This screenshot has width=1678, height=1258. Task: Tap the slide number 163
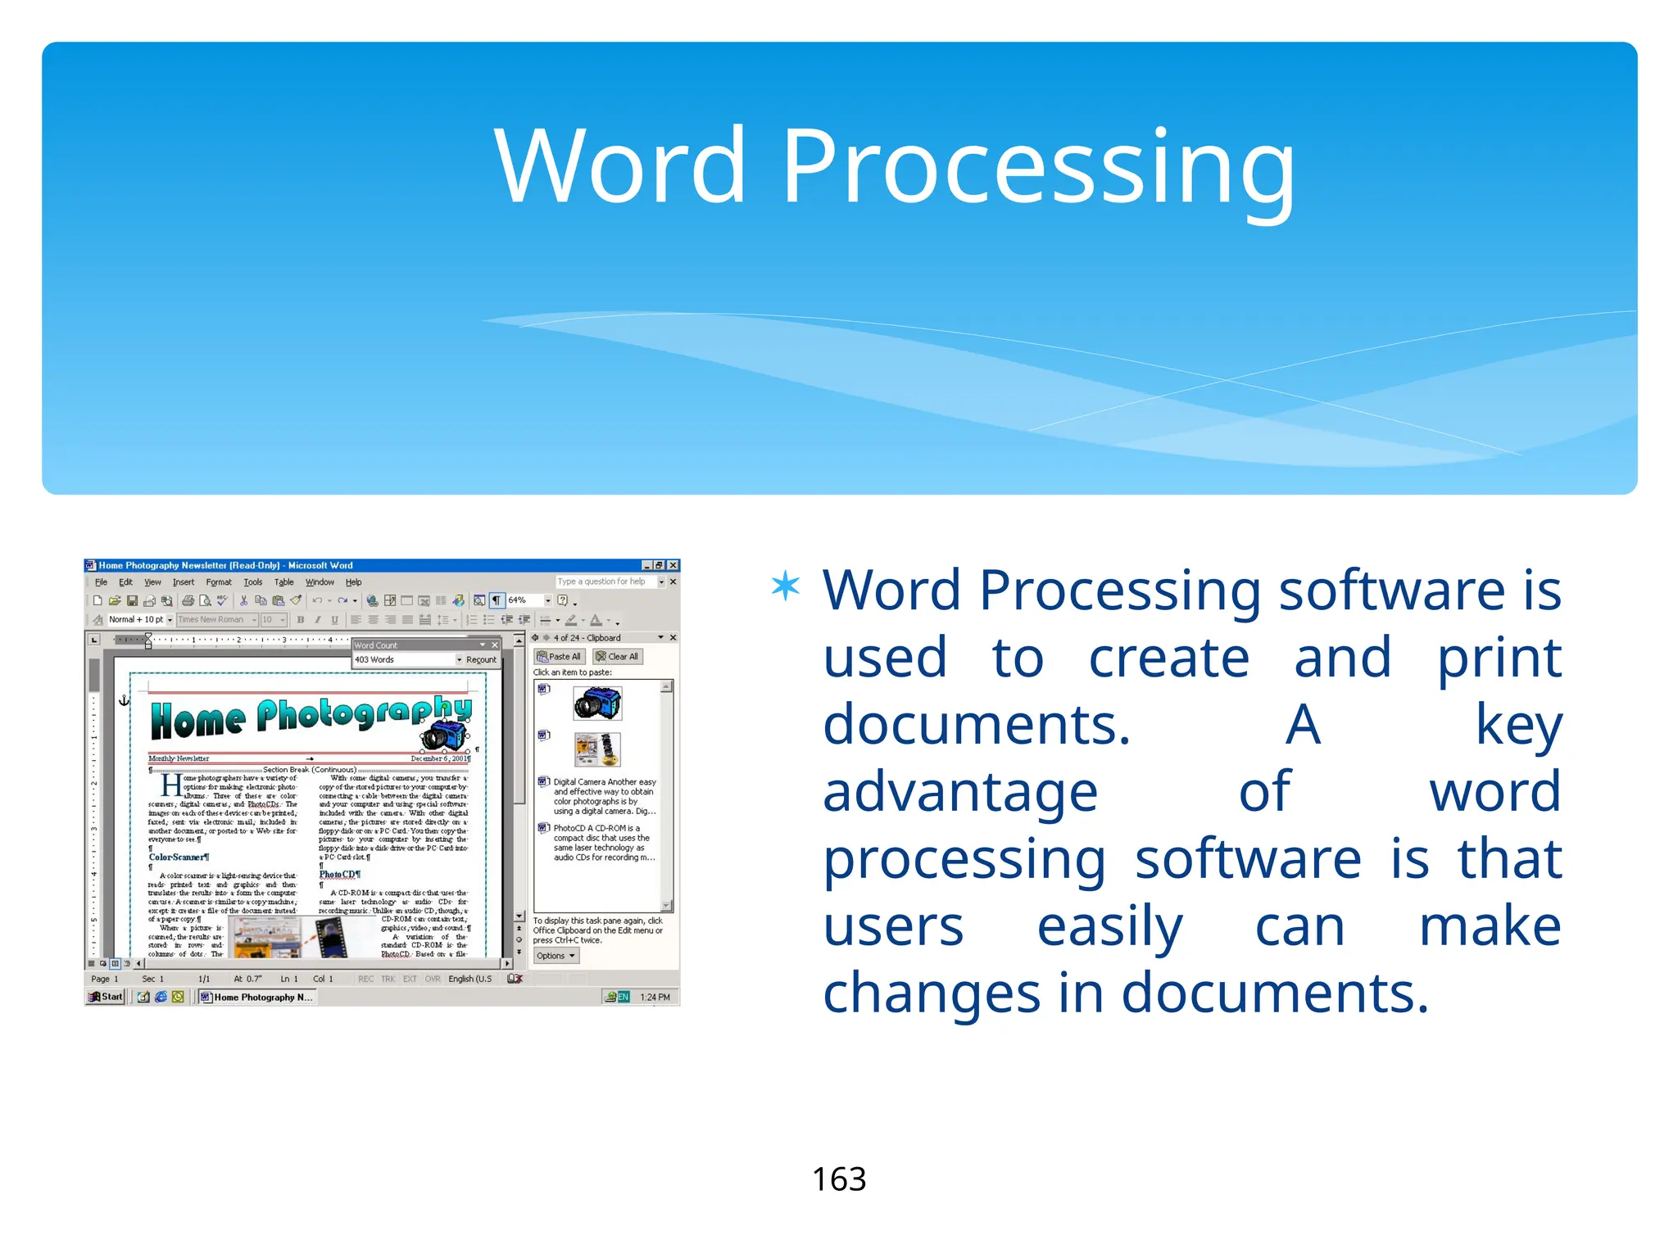click(x=838, y=1179)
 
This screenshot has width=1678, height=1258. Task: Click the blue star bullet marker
click(x=785, y=586)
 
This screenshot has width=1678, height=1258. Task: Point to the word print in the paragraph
click(x=1499, y=658)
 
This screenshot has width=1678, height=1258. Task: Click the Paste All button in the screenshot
click(x=559, y=657)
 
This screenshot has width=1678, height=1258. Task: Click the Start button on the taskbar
click(x=107, y=997)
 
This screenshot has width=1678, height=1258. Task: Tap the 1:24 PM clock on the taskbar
click(x=655, y=997)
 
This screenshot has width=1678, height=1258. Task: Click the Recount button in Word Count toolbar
click(x=481, y=659)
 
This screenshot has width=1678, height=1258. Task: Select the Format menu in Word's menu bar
click(x=219, y=582)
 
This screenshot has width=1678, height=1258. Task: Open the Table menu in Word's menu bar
click(x=283, y=582)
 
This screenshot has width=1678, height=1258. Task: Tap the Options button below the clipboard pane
click(x=556, y=956)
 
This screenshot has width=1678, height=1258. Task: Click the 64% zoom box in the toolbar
click(x=524, y=600)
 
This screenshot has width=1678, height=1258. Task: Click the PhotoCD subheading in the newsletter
click(x=338, y=874)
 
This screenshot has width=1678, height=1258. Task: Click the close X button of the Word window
click(x=673, y=565)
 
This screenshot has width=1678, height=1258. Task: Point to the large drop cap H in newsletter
click(x=170, y=785)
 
